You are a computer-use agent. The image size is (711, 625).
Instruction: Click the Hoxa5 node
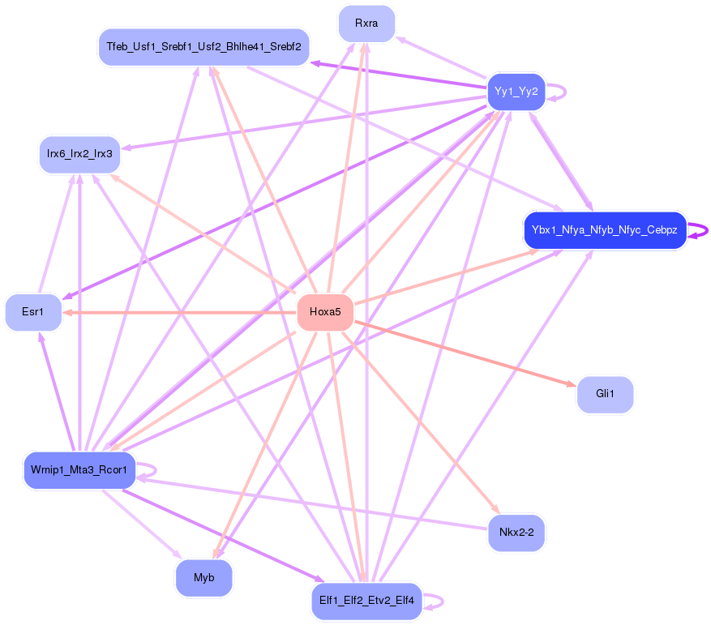325,312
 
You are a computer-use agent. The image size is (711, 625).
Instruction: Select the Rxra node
366,24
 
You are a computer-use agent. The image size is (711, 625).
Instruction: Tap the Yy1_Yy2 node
516,91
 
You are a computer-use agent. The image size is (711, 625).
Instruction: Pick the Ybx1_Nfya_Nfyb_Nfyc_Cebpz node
605,230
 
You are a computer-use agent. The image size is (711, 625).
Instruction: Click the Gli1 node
605,394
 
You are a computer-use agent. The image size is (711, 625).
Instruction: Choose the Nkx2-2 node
516,533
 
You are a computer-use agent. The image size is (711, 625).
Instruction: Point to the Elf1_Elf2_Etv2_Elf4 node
366,601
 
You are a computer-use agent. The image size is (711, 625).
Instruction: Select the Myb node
203,578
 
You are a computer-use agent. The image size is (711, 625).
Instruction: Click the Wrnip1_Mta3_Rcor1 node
79,470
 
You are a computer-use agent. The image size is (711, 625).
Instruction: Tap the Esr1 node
33,312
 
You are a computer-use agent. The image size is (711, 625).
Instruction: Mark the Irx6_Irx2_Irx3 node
79,154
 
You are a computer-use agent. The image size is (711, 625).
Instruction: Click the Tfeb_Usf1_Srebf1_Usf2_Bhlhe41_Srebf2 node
203,47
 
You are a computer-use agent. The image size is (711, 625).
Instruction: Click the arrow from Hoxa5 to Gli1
463,353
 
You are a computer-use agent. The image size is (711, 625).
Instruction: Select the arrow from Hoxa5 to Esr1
178,312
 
